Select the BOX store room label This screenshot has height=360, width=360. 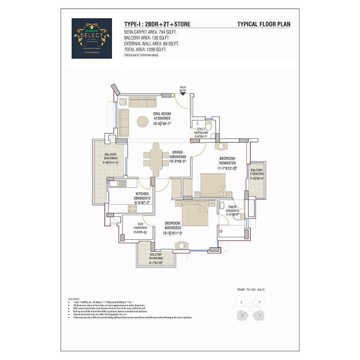click(140, 224)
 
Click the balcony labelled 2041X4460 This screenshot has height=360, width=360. click(111, 160)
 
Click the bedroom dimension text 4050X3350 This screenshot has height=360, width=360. click(172, 228)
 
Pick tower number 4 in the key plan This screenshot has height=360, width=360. click(260, 301)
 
